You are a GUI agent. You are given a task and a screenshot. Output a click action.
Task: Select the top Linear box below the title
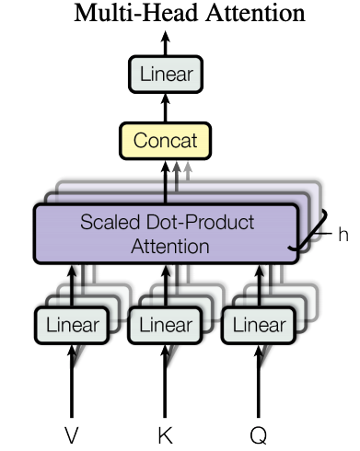click(x=166, y=75)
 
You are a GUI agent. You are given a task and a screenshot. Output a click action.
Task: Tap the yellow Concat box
click(x=166, y=142)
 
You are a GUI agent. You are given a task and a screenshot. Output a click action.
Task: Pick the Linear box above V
click(x=72, y=324)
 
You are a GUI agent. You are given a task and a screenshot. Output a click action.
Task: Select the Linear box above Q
click(x=259, y=324)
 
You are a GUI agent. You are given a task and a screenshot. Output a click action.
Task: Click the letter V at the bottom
click(x=72, y=434)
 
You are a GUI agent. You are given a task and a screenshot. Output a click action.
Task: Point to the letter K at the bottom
click(x=166, y=434)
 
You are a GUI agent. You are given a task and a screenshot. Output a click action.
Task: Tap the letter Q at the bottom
click(x=259, y=434)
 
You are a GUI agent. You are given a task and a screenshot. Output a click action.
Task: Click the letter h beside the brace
click(x=342, y=235)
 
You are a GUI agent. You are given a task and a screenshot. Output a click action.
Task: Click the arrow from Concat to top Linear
click(x=166, y=109)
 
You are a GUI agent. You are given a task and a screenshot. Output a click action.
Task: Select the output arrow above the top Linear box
click(x=166, y=42)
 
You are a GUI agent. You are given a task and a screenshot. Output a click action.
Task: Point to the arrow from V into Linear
click(x=72, y=377)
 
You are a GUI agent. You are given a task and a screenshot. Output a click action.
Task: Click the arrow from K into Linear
click(x=166, y=377)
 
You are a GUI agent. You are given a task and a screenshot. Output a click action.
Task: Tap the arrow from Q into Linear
click(x=259, y=377)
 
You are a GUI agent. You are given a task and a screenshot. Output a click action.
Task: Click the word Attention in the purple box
click(x=166, y=247)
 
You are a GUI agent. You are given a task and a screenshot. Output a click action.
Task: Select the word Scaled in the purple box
click(x=108, y=224)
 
